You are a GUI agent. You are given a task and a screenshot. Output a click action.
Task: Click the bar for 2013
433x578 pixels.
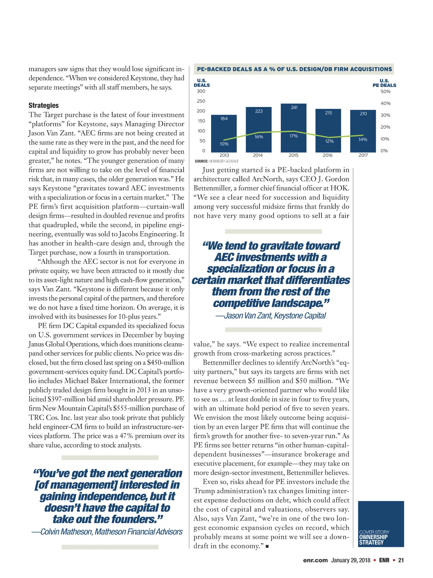point(224,134)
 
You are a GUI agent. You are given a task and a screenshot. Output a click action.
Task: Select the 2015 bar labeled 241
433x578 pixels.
point(294,128)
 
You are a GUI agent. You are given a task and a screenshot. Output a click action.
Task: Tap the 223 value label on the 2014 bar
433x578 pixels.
point(259,111)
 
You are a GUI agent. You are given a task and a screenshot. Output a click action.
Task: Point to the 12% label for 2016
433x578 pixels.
point(329,141)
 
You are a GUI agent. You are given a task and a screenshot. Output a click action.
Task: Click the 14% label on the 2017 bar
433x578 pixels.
point(363,139)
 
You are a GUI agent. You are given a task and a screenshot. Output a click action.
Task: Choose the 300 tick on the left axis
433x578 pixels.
point(201,91)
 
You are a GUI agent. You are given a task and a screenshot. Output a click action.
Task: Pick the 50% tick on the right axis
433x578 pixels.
point(385,91)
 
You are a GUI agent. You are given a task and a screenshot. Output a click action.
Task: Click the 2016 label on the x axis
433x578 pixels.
point(328,155)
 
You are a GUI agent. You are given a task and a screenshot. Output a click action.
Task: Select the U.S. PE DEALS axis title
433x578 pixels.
point(384,83)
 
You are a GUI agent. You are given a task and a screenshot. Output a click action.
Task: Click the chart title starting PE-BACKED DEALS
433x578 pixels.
point(294,69)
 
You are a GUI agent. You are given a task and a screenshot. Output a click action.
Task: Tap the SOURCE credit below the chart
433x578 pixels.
point(216,161)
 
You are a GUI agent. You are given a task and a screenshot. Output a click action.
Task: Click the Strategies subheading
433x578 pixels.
point(44,105)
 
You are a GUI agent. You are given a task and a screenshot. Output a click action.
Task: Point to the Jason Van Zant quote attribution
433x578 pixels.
point(271,316)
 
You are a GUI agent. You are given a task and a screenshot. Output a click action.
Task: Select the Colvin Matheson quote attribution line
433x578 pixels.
point(107,532)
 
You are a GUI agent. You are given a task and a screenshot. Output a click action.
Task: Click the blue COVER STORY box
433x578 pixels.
point(381,524)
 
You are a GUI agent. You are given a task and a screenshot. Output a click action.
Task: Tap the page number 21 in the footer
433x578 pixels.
point(401,560)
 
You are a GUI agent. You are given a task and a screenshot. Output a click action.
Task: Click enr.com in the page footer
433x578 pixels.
point(315,560)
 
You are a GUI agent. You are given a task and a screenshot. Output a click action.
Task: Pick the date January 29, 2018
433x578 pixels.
point(350,560)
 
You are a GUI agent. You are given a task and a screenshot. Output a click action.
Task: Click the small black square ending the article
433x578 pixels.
point(267,547)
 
